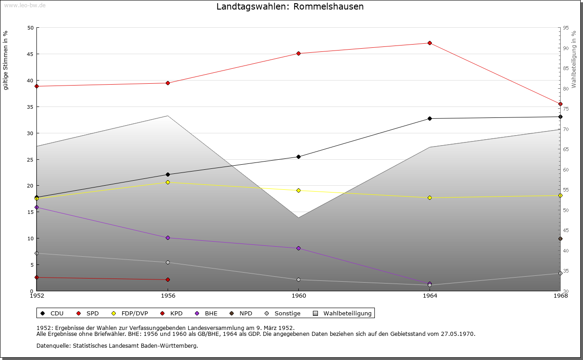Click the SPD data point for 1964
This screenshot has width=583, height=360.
pyautogui.click(x=430, y=43)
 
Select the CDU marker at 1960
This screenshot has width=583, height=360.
pyautogui.click(x=299, y=157)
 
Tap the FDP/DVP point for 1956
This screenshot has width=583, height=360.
pyautogui.click(x=168, y=183)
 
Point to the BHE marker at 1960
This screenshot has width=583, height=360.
pyautogui.click(x=299, y=248)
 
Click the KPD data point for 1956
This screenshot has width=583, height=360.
pyautogui.click(x=168, y=280)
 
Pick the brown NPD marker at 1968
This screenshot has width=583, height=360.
pyautogui.click(x=560, y=239)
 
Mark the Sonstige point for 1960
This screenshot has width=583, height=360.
pyautogui.click(x=299, y=280)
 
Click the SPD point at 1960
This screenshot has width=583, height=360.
pyautogui.click(x=299, y=54)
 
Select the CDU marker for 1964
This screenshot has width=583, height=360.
pyautogui.click(x=430, y=119)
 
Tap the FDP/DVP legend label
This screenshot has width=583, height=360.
pyautogui.click(x=134, y=314)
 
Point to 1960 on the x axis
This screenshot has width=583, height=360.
pyautogui.click(x=299, y=296)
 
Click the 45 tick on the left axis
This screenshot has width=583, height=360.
pyautogui.click(x=31, y=54)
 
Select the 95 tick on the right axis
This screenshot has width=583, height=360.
pyautogui.click(x=566, y=28)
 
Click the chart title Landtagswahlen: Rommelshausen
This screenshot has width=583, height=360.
pyautogui.click(x=290, y=7)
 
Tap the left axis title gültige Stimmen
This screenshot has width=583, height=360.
pyautogui.click(x=6, y=60)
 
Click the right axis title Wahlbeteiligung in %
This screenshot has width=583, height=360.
pyautogui.click(x=574, y=59)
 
